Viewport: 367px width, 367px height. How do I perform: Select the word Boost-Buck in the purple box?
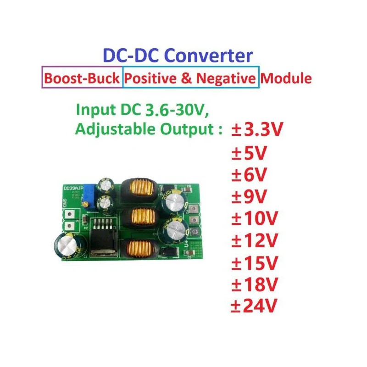click(83, 78)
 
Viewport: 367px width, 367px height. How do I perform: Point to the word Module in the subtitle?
click(286, 78)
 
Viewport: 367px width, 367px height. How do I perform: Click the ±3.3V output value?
click(257, 130)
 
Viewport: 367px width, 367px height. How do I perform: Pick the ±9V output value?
click(248, 197)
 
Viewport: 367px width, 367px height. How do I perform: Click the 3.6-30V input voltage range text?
click(177, 110)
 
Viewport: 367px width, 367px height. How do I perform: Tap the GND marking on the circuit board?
click(65, 201)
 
